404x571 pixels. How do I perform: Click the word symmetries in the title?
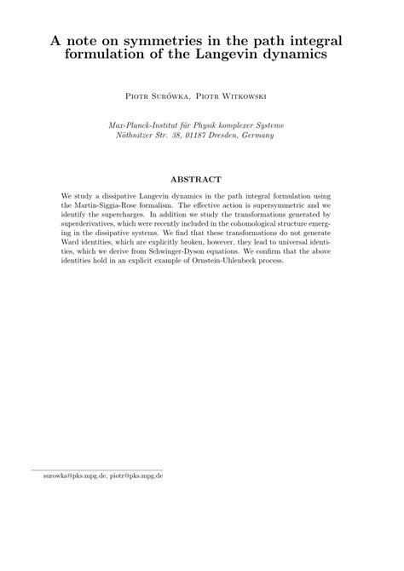159,39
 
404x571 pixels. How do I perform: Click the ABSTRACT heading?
201,180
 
